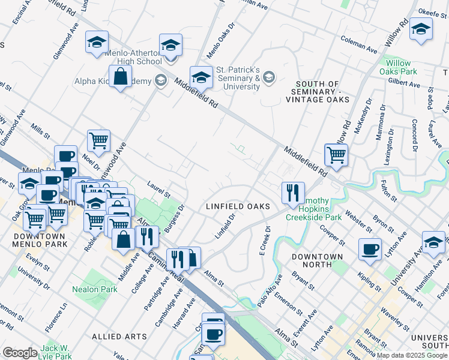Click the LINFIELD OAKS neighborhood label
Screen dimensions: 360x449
235,206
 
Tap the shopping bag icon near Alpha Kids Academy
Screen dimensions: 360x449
121,77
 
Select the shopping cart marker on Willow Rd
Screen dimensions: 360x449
336,155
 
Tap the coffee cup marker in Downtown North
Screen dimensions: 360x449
370,248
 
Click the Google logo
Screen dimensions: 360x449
20,353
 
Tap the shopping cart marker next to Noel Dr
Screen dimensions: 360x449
98,141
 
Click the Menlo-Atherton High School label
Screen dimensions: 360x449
133,57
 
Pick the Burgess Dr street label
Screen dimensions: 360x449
176,218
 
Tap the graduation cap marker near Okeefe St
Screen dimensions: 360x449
421,30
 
